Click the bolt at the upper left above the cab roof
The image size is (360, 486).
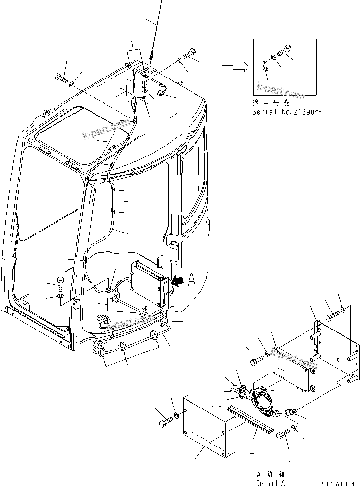click(60, 78)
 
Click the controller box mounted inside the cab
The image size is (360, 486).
click(147, 282)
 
